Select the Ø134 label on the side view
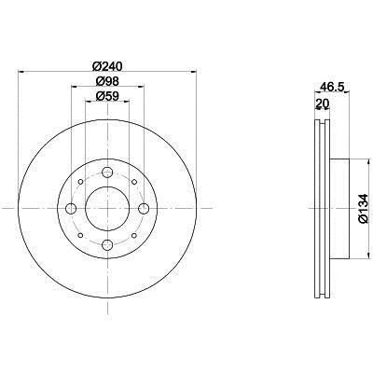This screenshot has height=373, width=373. pyautogui.click(x=363, y=209)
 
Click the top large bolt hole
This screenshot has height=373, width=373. pyautogui.click(x=107, y=173)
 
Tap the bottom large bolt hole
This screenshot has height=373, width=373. pyautogui.click(x=107, y=244)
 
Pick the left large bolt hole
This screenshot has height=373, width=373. pyautogui.click(x=72, y=209)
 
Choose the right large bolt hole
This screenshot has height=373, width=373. pyautogui.click(x=143, y=209)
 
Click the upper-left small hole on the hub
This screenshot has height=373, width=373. pyautogui.click(x=82, y=184)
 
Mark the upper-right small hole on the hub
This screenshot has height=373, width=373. pyautogui.click(x=132, y=184)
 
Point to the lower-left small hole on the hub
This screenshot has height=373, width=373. pyautogui.click(x=82, y=234)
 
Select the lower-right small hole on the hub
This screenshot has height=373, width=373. pyautogui.click(x=132, y=234)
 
